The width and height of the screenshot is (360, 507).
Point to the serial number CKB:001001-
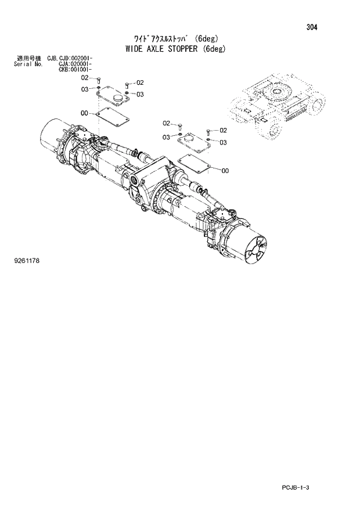(x=76, y=69)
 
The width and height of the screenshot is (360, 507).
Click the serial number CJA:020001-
(x=76, y=64)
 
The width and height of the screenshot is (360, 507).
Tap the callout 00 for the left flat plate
(x=85, y=113)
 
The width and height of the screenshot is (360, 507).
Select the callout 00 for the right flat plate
(x=225, y=170)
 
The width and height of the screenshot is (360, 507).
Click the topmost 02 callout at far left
(x=85, y=77)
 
